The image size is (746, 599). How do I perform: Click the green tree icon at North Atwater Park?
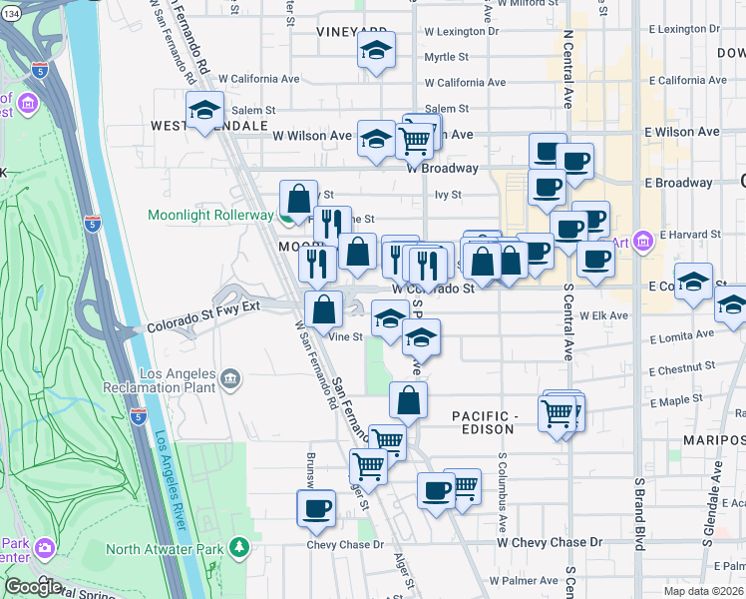pyautogui.click(x=238, y=547)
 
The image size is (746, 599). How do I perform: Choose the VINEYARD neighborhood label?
pyautogui.click(x=352, y=32)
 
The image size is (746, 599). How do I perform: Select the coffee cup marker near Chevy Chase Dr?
pyautogui.click(x=316, y=508)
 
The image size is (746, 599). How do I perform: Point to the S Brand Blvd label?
pyautogui.click(x=637, y=512)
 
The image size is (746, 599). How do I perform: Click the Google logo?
pyautogui.click(x=33, y=586)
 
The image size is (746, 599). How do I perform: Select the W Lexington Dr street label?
pyautogui.click(x=460, y=32)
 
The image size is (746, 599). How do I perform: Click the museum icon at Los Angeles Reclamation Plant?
pyautogui.click(x=230, y=378)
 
